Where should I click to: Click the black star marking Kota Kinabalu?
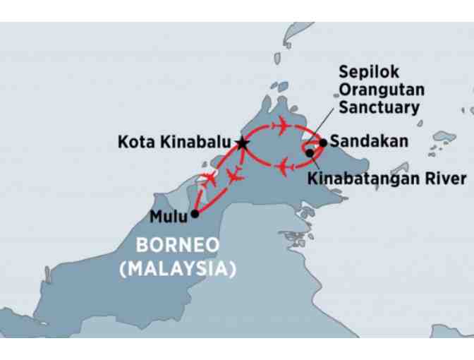point(243,143)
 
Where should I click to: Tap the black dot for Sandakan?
point(322,142)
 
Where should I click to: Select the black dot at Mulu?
point(195,212)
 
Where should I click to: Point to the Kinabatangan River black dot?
point(310,152)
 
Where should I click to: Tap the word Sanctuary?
point(379,108)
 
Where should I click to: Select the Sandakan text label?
point(369,141)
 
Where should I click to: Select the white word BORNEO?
point(178,246)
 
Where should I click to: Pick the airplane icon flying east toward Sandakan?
point(281,126)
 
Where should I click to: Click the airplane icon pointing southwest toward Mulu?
point(209,176)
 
